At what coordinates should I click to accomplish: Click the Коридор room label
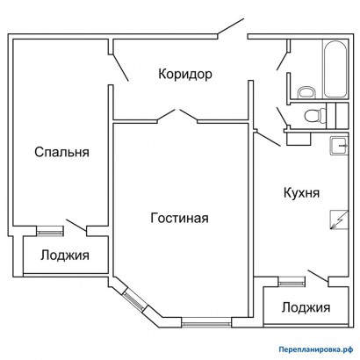185,74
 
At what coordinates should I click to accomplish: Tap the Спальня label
61,152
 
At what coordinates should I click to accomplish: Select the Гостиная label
179,218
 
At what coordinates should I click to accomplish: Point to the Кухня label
301,193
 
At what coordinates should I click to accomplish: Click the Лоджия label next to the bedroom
65,256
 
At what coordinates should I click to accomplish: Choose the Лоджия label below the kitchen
306,307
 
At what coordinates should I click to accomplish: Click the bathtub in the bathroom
335,69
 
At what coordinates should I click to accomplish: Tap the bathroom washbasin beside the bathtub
306,92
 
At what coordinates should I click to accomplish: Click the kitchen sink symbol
339,146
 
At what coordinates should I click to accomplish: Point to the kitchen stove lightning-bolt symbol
339,220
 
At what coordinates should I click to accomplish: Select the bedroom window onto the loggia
50,231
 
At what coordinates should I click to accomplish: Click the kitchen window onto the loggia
292,283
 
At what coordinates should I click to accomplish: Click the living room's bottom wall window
206,322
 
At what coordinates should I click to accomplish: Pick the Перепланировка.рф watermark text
315,349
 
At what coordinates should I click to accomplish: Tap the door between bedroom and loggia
76,225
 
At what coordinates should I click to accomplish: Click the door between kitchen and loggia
319,277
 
